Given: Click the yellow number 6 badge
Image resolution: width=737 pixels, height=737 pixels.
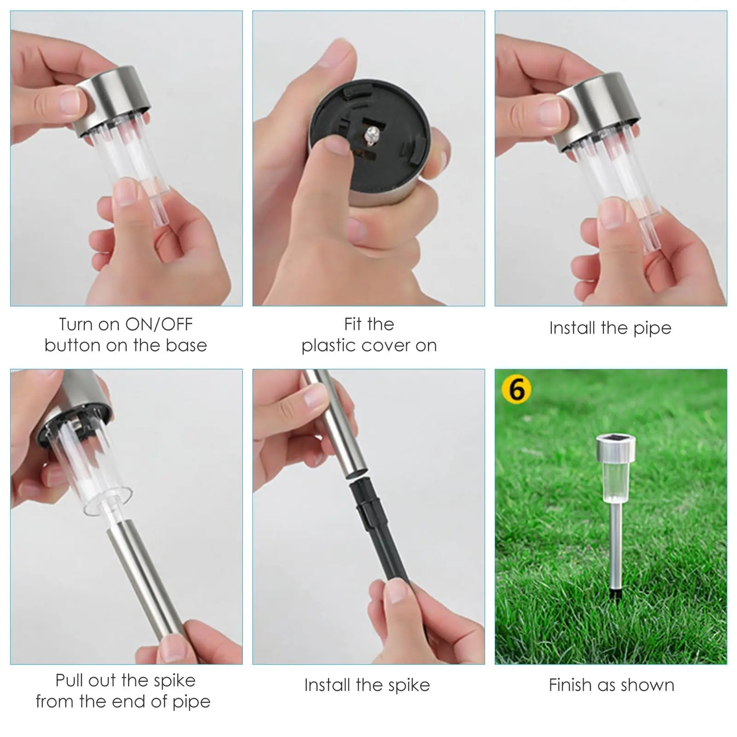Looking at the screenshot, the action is click(x=516, y=390).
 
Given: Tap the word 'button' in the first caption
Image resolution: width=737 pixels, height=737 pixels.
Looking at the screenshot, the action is click(x=72, y=345).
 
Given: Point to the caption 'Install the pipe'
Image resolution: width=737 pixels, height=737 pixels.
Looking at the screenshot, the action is click(x=611, y=328).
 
